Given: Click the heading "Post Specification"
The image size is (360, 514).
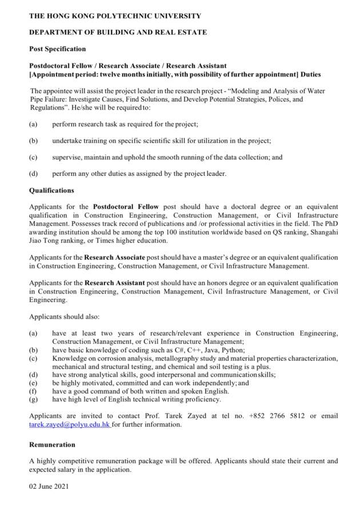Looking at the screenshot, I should [57, 49].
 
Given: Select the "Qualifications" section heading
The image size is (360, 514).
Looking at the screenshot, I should [51, 190].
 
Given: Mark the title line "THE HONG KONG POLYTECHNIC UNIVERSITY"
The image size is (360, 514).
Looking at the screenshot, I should [115, 16].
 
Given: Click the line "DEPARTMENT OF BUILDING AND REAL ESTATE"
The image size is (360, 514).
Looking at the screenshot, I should [118, 33].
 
